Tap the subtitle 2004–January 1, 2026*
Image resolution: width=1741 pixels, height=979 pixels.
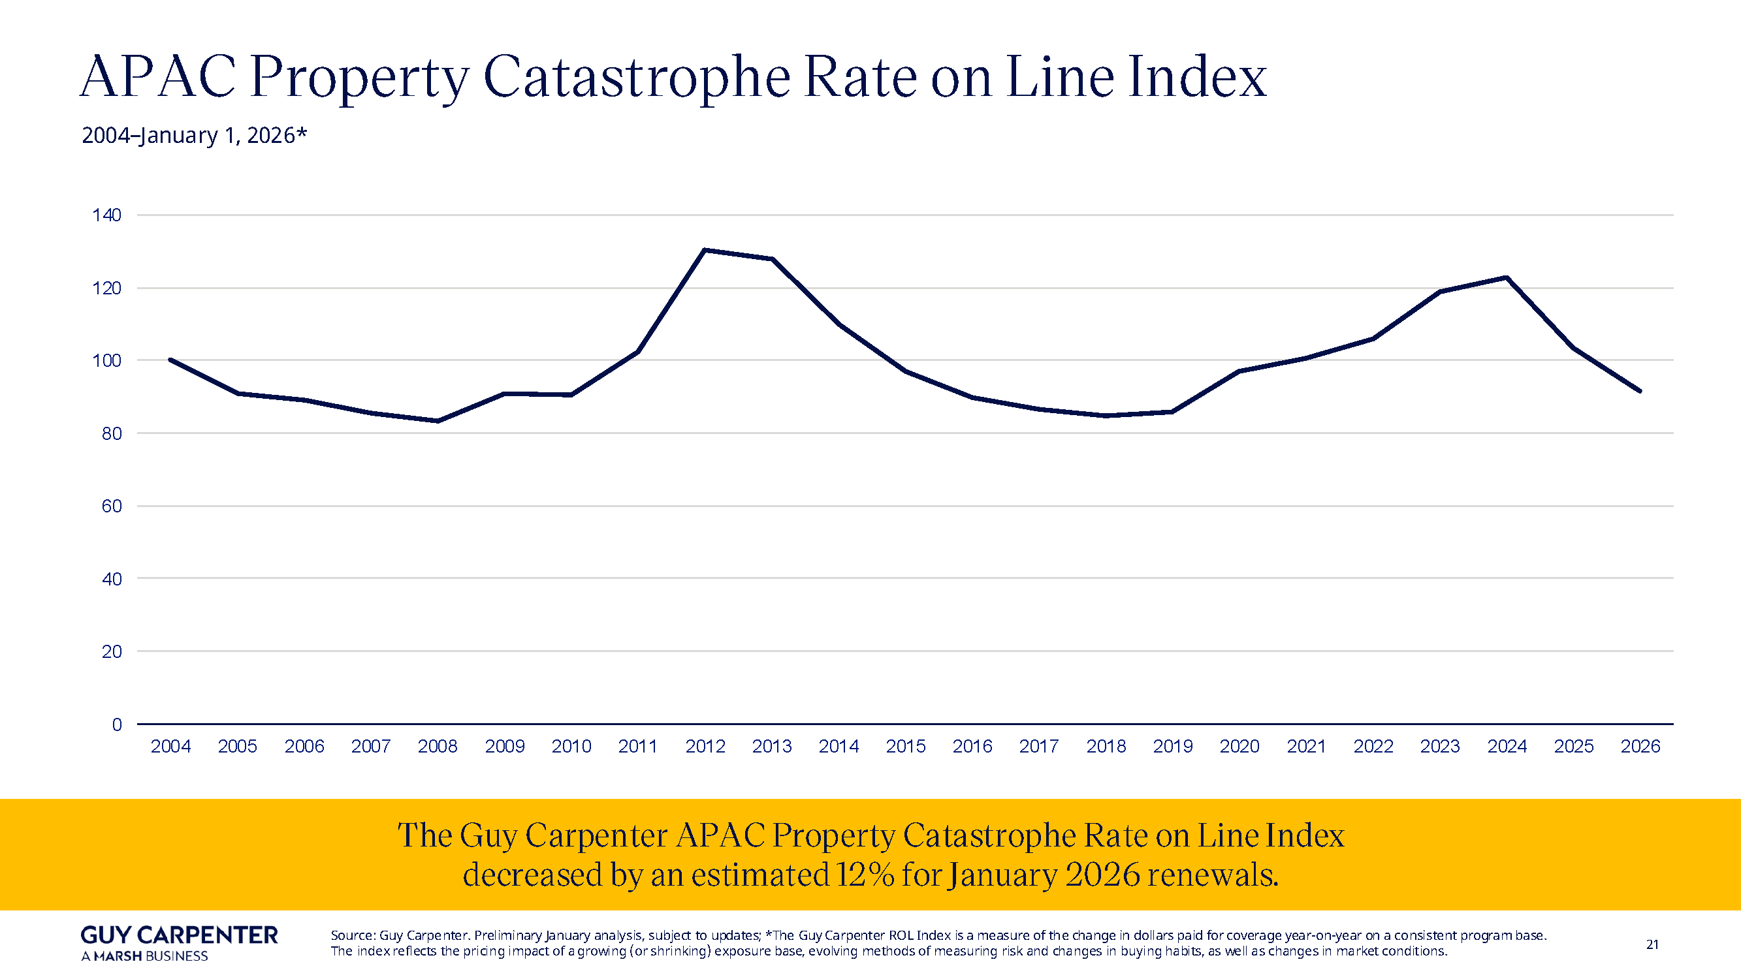(194, 135)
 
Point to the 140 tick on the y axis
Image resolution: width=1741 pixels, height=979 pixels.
(107, 215)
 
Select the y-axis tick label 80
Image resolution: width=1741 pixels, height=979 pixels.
(112, 434)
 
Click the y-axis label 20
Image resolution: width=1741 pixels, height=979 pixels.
(112, 652)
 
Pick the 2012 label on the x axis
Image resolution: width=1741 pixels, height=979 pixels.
(705, 746)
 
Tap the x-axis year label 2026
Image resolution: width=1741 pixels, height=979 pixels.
(1640, 746)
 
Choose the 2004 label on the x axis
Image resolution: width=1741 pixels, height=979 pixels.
(170, 746)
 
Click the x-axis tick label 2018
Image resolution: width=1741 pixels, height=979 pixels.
(1106, 746)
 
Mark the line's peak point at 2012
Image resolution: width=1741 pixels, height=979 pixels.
(705, 250)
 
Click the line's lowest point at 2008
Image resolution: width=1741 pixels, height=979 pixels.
(438, 421)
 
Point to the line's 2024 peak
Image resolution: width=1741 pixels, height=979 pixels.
(1507, 277)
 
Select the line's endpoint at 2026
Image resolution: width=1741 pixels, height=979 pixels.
(1640, 390)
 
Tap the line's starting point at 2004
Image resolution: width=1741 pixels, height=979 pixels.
(170, 360)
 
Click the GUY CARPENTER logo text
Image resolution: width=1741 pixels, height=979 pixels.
(179, 935)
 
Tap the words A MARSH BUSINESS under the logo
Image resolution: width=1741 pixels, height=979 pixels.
(144, 956)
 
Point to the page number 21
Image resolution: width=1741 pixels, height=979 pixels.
(1652, 944)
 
